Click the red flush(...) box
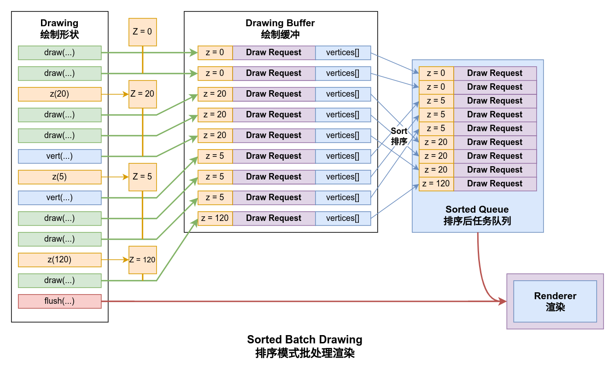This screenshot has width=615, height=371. tap(59, 301)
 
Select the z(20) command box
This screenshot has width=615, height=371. tap(59, 94)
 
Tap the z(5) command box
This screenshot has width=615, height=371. tap(59, 177)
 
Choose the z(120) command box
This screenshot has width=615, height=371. tap(59, 260)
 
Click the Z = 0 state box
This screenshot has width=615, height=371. tap(142, 32)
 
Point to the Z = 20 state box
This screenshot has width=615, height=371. tap(142, 94)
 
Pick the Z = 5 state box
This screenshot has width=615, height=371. tap(142, 177)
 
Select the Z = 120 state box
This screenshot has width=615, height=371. tap(142, 260)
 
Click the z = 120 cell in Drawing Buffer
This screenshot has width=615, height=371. tap(215, 218)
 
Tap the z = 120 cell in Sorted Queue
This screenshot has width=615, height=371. tap(436, 184)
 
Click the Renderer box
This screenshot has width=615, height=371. tap(555, 301)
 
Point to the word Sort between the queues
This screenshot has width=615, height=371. tap(399, 131)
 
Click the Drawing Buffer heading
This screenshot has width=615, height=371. tap(280, 23)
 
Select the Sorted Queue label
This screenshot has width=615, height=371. tap(477, 210)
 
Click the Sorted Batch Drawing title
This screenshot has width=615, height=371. tap(305, 340)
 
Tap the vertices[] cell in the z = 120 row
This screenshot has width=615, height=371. tap(343, 218)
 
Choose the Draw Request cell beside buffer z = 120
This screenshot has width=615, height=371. tap(274, 218)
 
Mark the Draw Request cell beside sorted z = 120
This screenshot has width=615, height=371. tap(495, 184)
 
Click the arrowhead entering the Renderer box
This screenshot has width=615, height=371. tap(503, 301)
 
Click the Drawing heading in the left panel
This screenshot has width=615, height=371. tap(59, 23)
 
